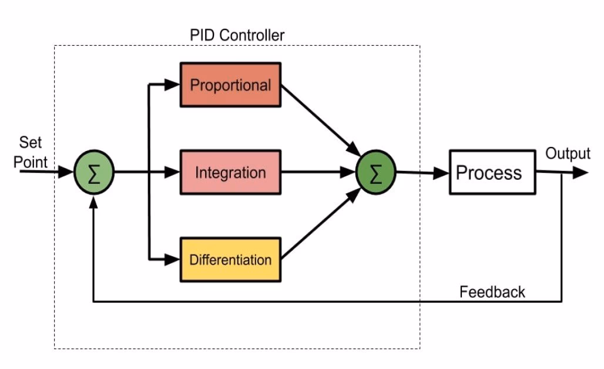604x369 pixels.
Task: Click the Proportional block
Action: [230, 85]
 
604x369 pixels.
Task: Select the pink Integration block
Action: [230, 173]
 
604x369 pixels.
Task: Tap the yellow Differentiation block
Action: [230, 259]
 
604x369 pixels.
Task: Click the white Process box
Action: [492, 172]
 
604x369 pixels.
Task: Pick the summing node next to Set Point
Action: [93, 173]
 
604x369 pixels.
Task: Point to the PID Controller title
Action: [237, 35]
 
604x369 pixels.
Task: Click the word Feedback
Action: [492, 291]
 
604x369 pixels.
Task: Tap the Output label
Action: [568, 154]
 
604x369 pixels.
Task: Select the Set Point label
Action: [31, 152]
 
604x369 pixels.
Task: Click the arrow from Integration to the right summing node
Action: [317, 173]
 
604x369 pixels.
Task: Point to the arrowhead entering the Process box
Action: [442, 173]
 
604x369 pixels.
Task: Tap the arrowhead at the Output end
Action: [580, 173]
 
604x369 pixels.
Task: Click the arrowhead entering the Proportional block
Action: [173, 85]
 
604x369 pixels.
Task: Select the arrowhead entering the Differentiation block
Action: [173, 259]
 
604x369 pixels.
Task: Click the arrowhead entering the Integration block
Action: [173, 173]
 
